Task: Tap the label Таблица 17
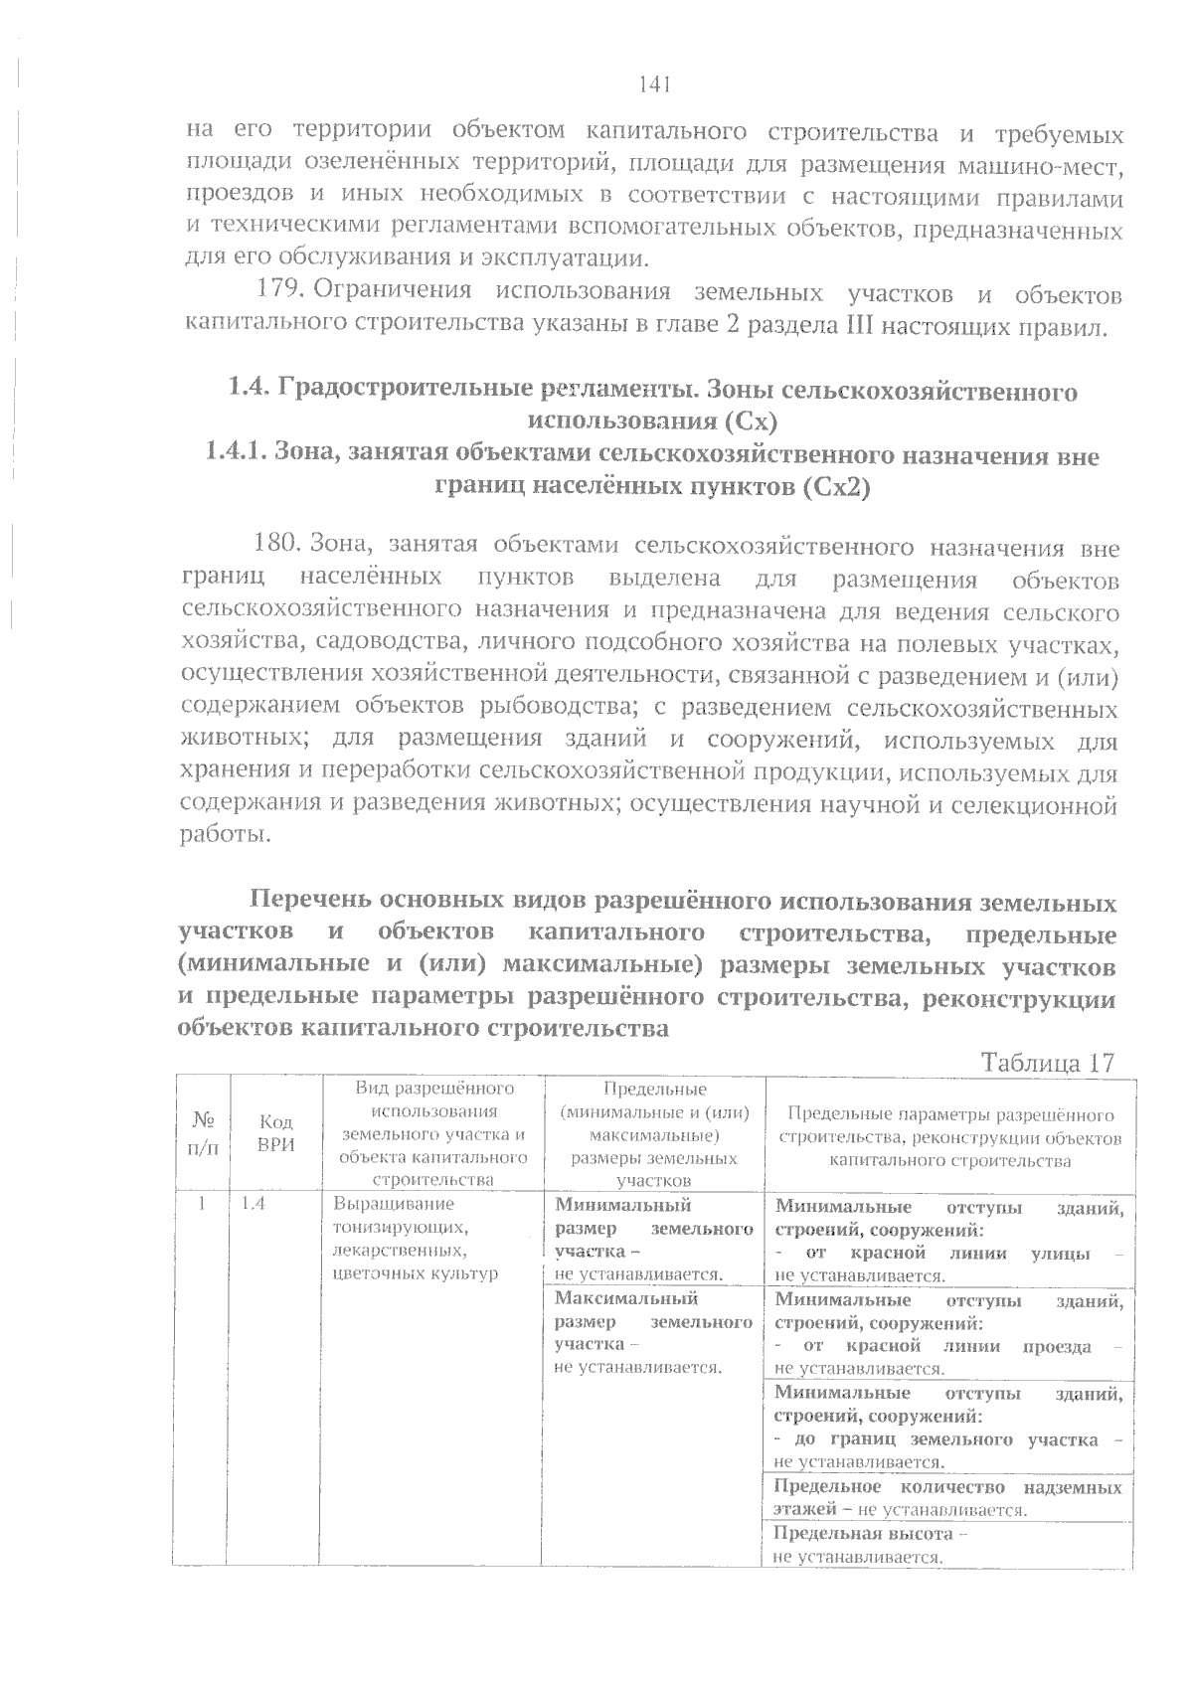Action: point(1048,1062)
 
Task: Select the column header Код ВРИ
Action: point(275,1133)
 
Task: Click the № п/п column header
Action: point(202,1133)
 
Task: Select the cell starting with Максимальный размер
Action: point(652,1332)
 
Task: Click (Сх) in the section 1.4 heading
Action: point(749,422)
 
